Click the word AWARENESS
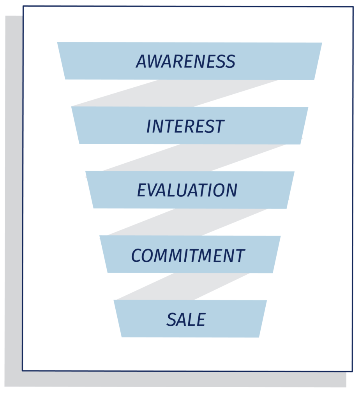click(x=185, y=61)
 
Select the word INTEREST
click(x=185, y=126)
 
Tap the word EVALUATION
click(x=187, y=190)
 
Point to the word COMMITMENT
click(x=188, y=255)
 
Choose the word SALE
click(x=186, y=319)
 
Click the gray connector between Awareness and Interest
click(x=175, y=93)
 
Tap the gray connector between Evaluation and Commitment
click(x=187, y=222)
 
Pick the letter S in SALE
click(x=171, y=319)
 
